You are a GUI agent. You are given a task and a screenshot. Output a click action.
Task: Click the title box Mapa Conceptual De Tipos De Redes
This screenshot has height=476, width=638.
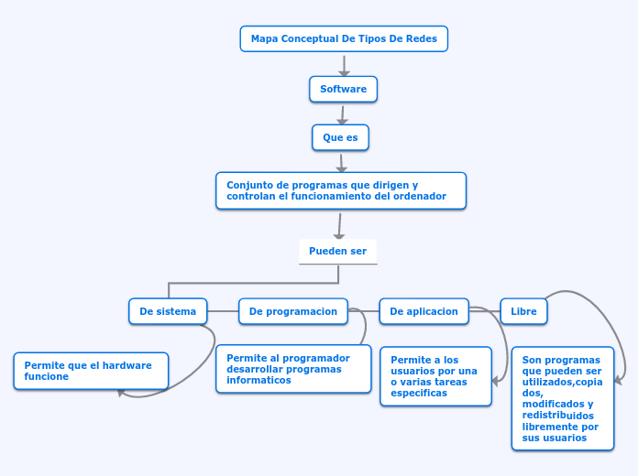[x=344, y=39]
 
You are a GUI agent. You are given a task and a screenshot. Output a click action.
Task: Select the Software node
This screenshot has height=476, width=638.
[x=343, y=89]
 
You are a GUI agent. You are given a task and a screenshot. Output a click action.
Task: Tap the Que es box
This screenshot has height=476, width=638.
[x=340, y=137]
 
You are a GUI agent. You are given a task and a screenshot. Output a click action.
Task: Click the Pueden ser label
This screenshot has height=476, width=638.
[x=337, y=251]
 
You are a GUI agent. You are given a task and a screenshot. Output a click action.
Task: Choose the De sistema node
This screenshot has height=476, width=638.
[x=168, y=311]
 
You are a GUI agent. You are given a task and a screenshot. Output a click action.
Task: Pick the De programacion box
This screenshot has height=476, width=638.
[x=292, y=311]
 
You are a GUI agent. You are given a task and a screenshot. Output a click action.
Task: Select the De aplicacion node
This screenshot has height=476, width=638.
[x=423, y=311]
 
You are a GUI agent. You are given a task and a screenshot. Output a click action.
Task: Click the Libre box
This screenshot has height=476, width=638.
[x=523, y=311]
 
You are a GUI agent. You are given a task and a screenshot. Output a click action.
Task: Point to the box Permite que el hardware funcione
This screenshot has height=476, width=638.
[x=91, y=371]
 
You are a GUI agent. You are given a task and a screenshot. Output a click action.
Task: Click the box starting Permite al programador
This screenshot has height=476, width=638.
[x=293, y=369]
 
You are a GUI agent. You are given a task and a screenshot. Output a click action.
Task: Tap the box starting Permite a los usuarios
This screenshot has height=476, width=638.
[x=435, y=376]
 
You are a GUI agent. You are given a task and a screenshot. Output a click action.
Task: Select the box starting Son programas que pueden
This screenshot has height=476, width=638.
[x=562, y=398]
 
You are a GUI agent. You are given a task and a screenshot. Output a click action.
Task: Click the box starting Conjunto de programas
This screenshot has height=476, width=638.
[x=340, y=190]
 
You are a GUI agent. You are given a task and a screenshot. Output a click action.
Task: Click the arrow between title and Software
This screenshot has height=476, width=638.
[x=344, y=65]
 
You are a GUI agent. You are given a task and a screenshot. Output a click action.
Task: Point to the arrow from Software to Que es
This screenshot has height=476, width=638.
[x=342, y=114]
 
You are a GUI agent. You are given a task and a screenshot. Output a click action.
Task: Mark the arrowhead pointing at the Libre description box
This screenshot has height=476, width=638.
[x=620, y=380]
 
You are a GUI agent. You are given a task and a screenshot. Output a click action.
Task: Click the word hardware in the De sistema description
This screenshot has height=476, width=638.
[x=127, y=365]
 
